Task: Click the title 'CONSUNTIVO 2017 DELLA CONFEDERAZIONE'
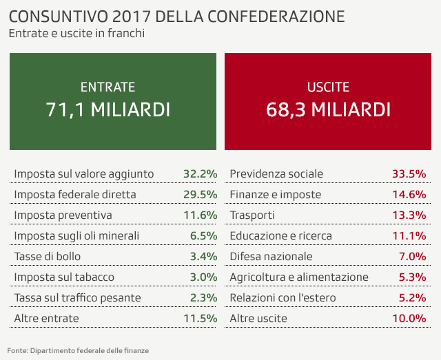pos(177,16)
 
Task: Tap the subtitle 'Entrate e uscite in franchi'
pos(76,33)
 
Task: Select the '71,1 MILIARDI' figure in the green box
pos(108,109)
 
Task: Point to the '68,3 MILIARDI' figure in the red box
pos(328,109)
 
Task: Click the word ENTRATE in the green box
pos(108,87)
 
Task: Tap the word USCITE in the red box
pos(328,87)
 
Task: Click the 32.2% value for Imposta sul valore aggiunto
pos(201,174)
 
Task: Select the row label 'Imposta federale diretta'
pos(75,195)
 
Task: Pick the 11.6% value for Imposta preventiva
pos(201,215)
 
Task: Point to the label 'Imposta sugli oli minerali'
pos(76,236)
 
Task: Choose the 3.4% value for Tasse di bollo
pos(204,257)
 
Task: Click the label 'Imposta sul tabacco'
pos(64,277)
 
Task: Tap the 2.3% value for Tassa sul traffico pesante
pos(204,298)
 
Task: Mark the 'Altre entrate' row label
pos(46,319)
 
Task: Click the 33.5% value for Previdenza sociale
pos(408,174)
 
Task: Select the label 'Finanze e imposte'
pos(275,195)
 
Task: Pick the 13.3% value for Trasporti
pos(408,215)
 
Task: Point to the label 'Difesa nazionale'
pos(271,257)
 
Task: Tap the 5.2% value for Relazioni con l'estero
pos(411,298)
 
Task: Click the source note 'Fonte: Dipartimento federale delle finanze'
pos(79,350)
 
